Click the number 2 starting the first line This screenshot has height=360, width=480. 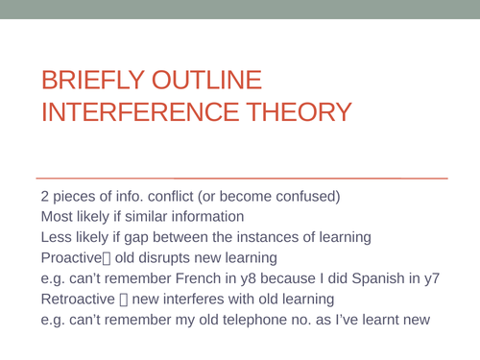click(45, 197)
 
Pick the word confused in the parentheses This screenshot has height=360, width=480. click(303, 197)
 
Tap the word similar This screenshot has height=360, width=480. click(148, 217)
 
